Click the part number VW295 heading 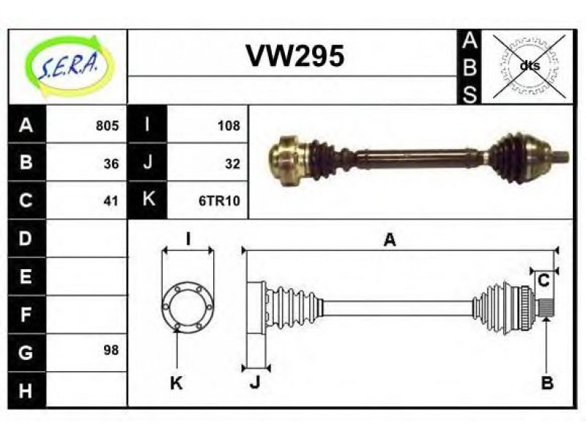pos(295,56)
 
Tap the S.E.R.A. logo pos(68,66)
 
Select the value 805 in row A pos(107,125)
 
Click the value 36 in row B pos(111,164)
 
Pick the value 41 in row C pos(111,201)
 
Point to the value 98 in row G pos(111,351)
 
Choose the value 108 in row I pos(229,125)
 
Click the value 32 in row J pos(232,164)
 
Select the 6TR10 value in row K pos(219,201)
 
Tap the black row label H pos(26,390)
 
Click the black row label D pos(26,238)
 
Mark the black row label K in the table pos(148,199)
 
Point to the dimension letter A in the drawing pos(390,240)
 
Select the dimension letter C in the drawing pos(544,280)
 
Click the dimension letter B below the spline pos(547,383)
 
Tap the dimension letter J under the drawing pos(255,383)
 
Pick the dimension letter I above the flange pos(189,239)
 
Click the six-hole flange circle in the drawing pos(188,307)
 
